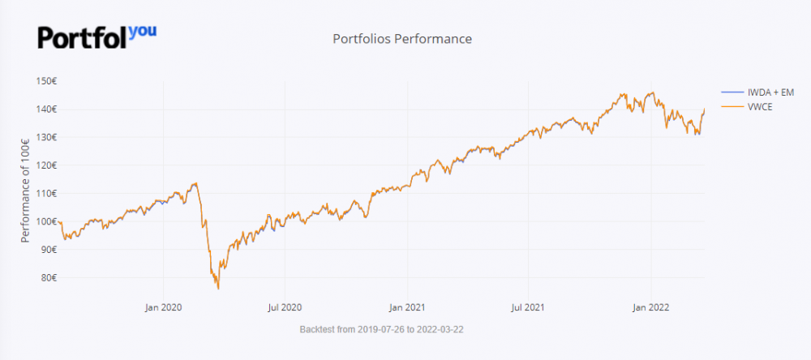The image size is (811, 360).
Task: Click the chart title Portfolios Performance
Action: click(x=402, y=39)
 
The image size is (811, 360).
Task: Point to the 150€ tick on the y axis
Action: click(x=45, y=81)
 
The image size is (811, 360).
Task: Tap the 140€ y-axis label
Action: click(x=45, y=109)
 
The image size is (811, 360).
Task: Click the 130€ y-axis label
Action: click(x=45, y=137)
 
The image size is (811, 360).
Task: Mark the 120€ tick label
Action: click(x=45, y=165)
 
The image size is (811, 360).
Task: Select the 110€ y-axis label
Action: click(x=45, y=193)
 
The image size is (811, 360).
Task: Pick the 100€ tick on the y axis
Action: click(x=45, y=221)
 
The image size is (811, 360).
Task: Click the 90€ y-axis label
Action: click(x=48, y=250)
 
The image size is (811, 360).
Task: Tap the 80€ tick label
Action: click(x=48, y=277)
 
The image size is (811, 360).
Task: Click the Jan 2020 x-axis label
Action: click(x=163, y=307)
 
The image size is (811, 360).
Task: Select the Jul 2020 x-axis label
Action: click(x=285, y=307)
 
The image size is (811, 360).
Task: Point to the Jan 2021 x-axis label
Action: click(x=407, y=307)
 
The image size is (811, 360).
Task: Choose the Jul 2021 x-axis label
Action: click(x=529, y=307)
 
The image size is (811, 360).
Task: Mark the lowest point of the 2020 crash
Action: click(x=218, y=288)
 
